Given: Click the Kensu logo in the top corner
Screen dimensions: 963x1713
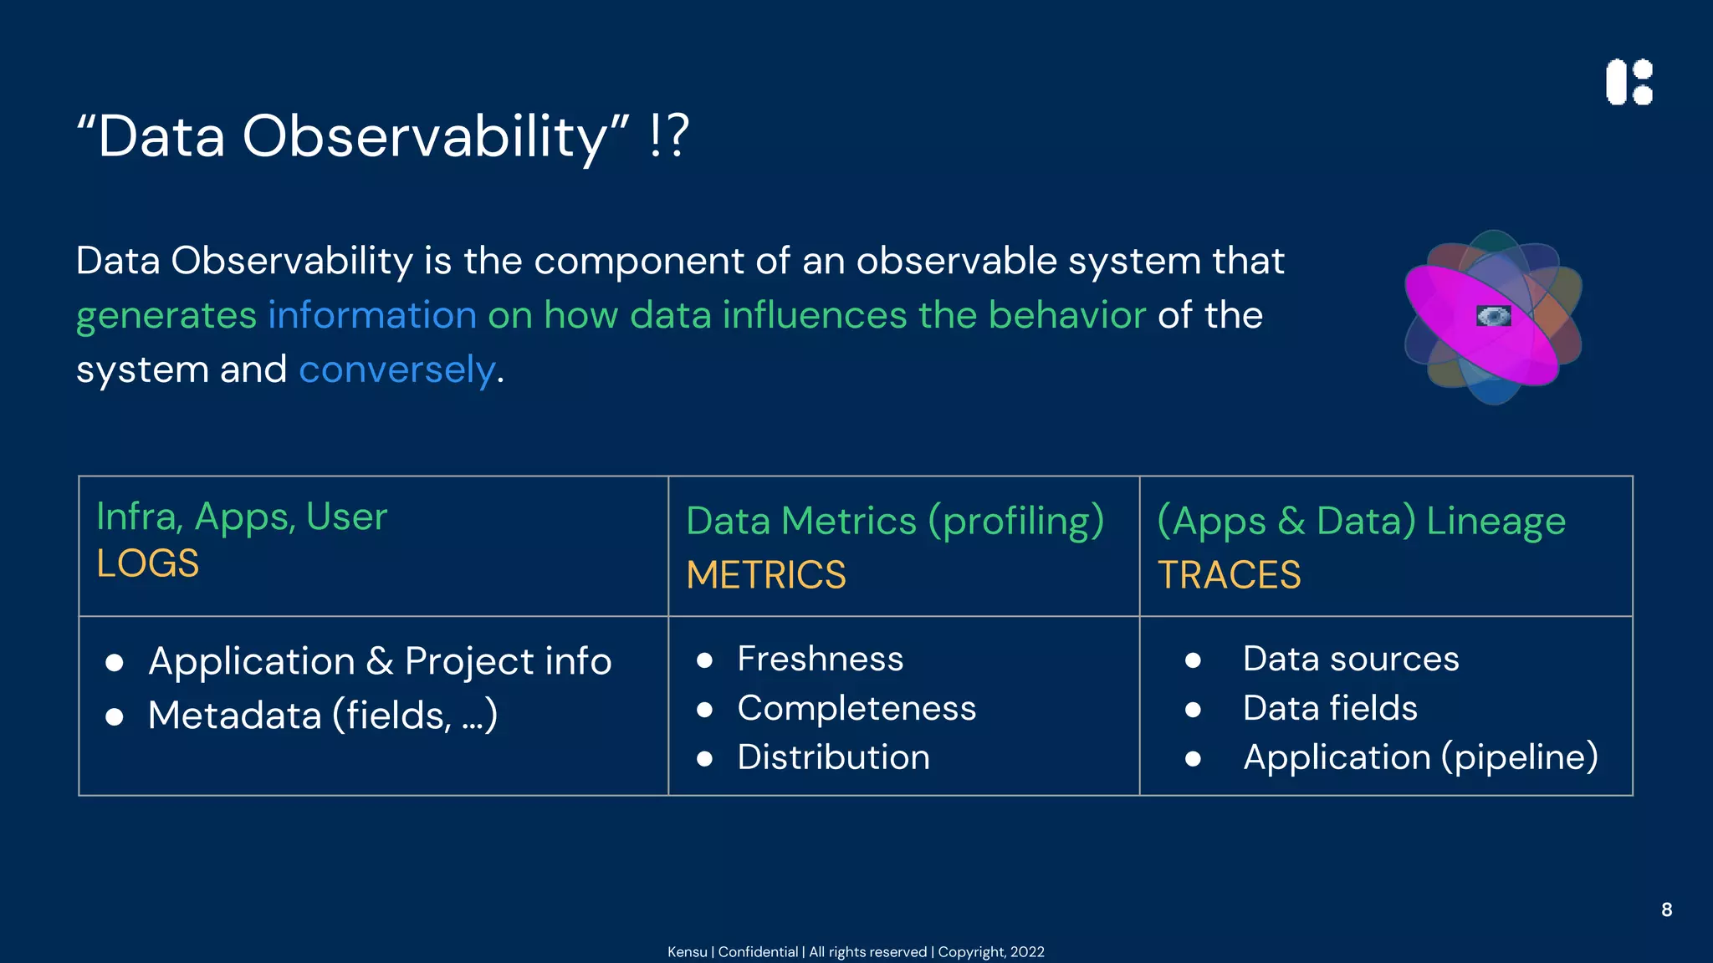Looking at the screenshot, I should pyautogui.click(x=1629, y=82).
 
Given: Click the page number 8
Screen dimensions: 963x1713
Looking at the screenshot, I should pyautogui.click(x=1666, y=909).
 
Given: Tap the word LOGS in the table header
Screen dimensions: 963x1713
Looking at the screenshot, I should pyautogui.click(x=148, y=563).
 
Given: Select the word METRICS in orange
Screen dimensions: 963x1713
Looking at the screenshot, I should pyautogui.click(x=766, y=575).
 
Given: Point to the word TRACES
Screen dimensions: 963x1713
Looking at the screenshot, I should pyautogui.click(x=1229, y=575).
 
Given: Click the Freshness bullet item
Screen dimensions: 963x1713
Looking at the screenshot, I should pyautogui.click(x=820, y=659).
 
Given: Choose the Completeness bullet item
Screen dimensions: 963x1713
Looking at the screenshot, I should pyautogui.click(x=856, y=708).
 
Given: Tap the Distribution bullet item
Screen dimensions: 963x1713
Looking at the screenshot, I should pyautogui.click(x=833, y=757).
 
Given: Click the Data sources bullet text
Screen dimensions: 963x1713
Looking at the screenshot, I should pyautogui.click(x=1350, y=659).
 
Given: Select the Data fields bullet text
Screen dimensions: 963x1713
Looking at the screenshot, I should pyautogui.click(x=1330, y=708).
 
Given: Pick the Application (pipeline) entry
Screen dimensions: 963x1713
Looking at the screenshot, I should pyautogui.click(x=1420, y=757).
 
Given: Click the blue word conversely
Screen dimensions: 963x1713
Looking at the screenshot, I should pyautogui.click(x=397, y=369).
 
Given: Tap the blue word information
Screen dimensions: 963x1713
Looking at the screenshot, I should pyautogui.click(x=372, y=315).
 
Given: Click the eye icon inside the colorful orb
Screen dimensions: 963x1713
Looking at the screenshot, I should pyautogui.click(x=1494, y=316).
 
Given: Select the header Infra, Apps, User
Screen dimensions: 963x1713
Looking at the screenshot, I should pyautogui.click(x=242, y=517).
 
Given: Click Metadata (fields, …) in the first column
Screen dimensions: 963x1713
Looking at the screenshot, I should pyautogui.click(x=323, y=716).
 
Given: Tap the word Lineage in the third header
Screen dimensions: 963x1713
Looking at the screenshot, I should pyautogui.click(x=1496, y=521).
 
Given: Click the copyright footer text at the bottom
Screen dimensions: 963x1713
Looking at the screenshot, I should pyautogui.click(x=856, y=951).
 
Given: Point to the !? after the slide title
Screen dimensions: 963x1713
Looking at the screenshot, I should pyautogui.click(x=669, y=135).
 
